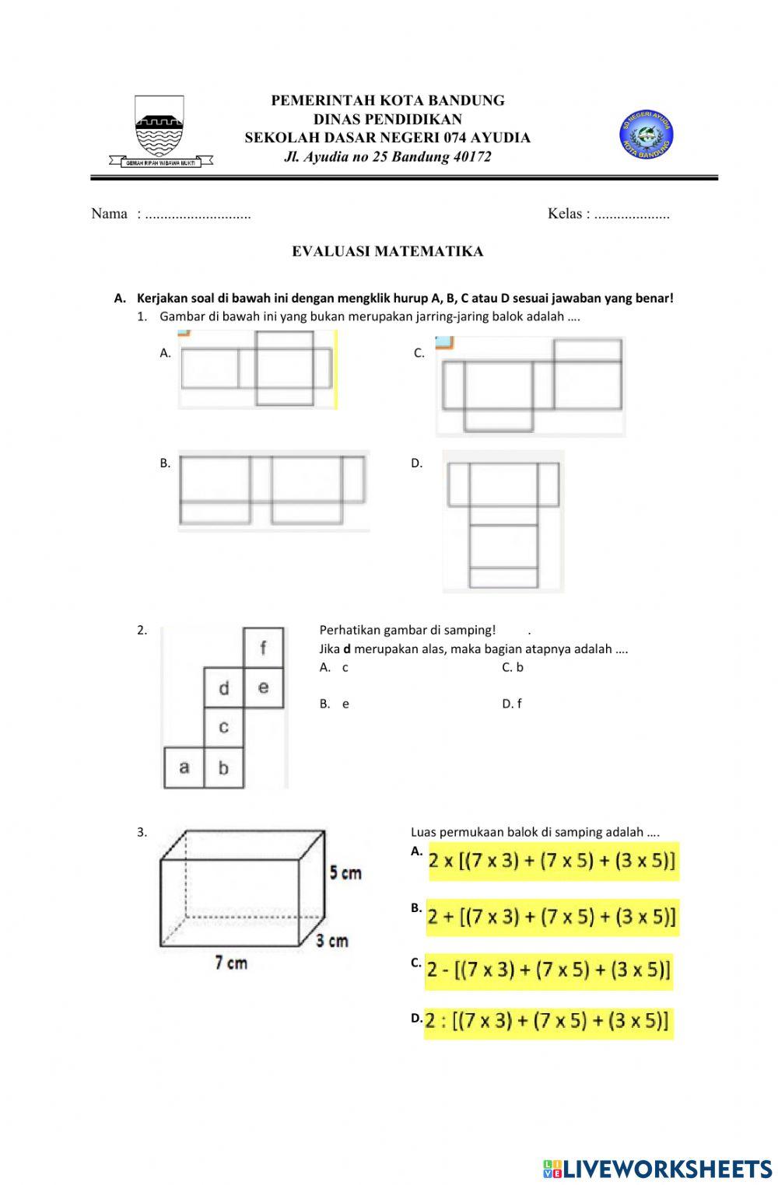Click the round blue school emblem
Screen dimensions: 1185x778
646,136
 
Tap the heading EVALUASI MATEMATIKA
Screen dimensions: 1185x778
387,251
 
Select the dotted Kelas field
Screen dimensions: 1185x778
631,215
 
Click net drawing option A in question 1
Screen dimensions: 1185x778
257,369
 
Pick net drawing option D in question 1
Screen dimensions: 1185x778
503,521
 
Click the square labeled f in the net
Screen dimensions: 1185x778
264,648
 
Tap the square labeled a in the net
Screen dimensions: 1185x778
184,767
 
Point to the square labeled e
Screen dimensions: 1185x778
264,687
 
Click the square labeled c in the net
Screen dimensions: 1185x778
224,727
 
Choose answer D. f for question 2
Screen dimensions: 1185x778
512,704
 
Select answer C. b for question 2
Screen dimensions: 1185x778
513,667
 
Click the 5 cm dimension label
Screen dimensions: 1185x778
345,872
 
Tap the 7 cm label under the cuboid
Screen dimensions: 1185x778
231,963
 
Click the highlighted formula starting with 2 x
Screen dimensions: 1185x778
552,862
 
